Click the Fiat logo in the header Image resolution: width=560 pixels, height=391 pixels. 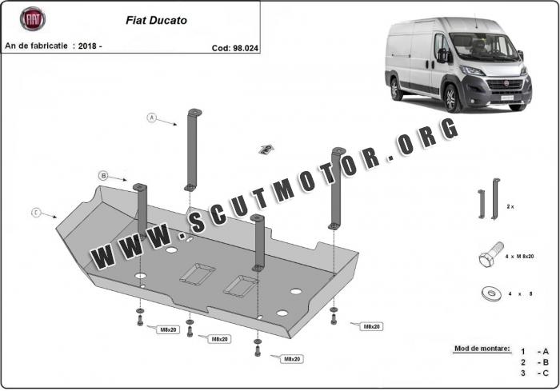click(x=33, y=18)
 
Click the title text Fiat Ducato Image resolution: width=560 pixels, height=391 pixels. click(x=157, y=20)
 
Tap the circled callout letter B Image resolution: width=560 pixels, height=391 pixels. click(x=103, y=175)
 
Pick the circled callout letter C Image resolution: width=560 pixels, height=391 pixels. click(x=36, y=213)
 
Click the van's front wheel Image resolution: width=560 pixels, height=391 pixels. click(x=451, y=98)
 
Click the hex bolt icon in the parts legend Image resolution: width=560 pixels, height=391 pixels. click(x=489, y=257)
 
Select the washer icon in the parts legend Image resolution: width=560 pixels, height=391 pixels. click(x=489, y=293)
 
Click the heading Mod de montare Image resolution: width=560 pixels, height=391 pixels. click(x=482, y=349)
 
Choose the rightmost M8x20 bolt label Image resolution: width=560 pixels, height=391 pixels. click(x=371, y=326)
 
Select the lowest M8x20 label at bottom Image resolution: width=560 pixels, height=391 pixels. click(x=291, y=359)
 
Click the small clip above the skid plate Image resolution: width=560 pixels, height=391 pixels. click(x=266, y=148)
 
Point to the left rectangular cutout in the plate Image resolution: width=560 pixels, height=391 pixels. click(x=197, y=273)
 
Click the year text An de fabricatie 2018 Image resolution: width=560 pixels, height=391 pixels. click(x=54, y=46)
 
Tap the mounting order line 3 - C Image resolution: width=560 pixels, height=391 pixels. click(x=534, y=373)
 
